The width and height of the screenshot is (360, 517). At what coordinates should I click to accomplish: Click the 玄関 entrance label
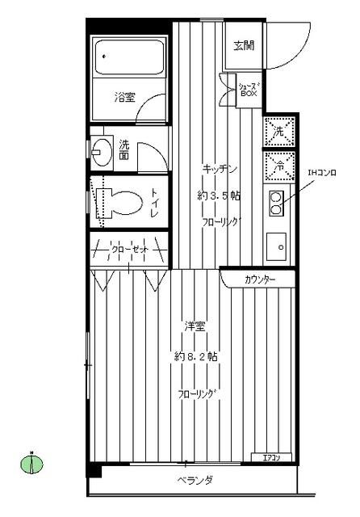click(x=245, y=45)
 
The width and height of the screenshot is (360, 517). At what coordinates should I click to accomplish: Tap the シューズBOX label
click(x=248, y=89)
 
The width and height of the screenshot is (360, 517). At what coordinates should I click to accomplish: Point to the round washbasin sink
click(x=103, y=150)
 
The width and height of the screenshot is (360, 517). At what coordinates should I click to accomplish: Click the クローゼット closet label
click(x=129, y=250)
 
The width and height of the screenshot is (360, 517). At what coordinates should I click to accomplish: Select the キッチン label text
click(x=219, y=169)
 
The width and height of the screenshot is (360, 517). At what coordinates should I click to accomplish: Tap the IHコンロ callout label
click(x=321, y=172)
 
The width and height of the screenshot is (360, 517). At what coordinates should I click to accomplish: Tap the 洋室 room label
click(x=194, y=326)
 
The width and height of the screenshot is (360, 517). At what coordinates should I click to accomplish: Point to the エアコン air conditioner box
click(x=271, y=459)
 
